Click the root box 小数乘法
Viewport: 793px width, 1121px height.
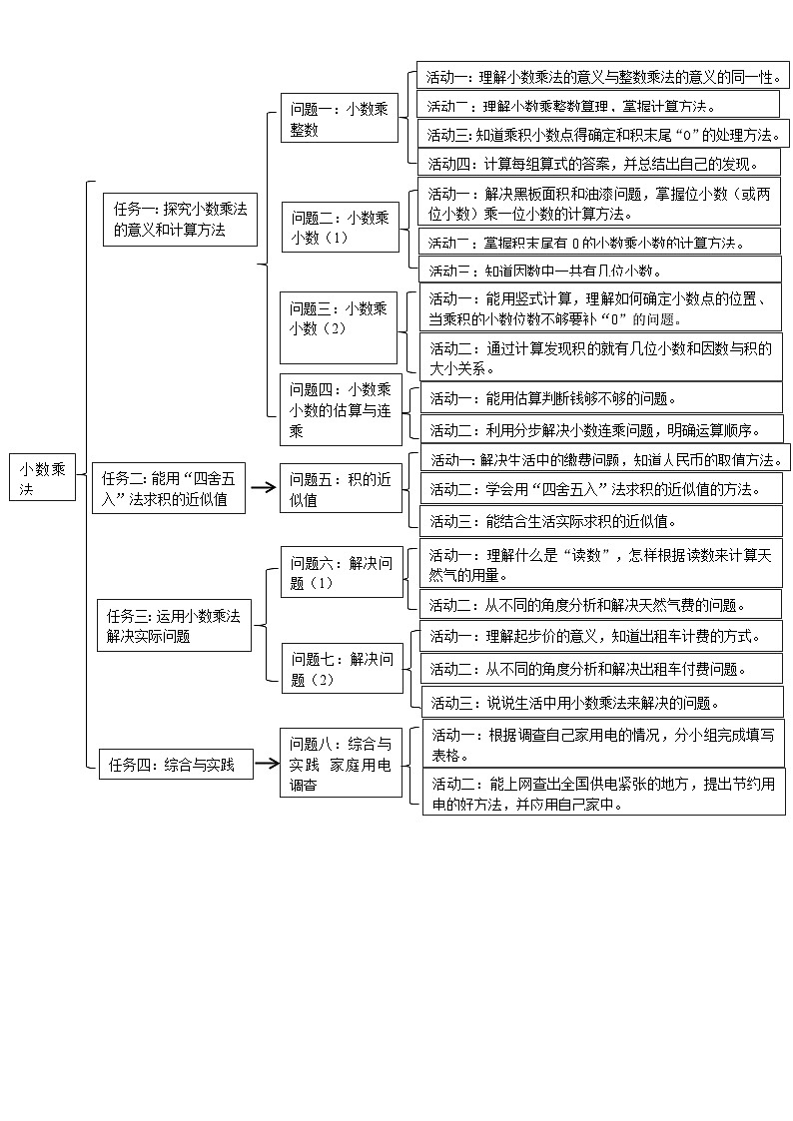pyautogui.click(x=43, y=479)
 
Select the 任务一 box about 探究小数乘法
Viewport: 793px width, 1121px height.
pyautogui.click(x=180, y=220)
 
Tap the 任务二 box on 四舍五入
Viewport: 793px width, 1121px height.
pyautogui.click(x=170, y=488)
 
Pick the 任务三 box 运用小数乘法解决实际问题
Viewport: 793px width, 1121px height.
pyautogui.click(x=174, y=625)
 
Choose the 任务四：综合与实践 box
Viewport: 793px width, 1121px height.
pyautogui.click(x=176, y=765)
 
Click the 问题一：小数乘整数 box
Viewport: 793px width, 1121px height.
pyautogui.click(x=340, y=118)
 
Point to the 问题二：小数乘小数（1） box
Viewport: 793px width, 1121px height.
pyautogui.click(x=340, y=227)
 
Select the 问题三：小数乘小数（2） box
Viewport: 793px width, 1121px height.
pyautogui.click(x=340, y=326)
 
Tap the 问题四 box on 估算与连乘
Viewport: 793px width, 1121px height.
pyautogui.click(x=340, y=409)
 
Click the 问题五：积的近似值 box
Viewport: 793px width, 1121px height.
pyautogui.click(x=340, y=489)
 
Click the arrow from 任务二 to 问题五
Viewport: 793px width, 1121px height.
pyautogui.click(x=263, y=488)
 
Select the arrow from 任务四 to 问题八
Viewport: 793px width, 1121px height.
pyautogui.click(x=265, y=765)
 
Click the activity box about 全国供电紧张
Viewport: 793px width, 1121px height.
pyautogui.click(x=603, y=794)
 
